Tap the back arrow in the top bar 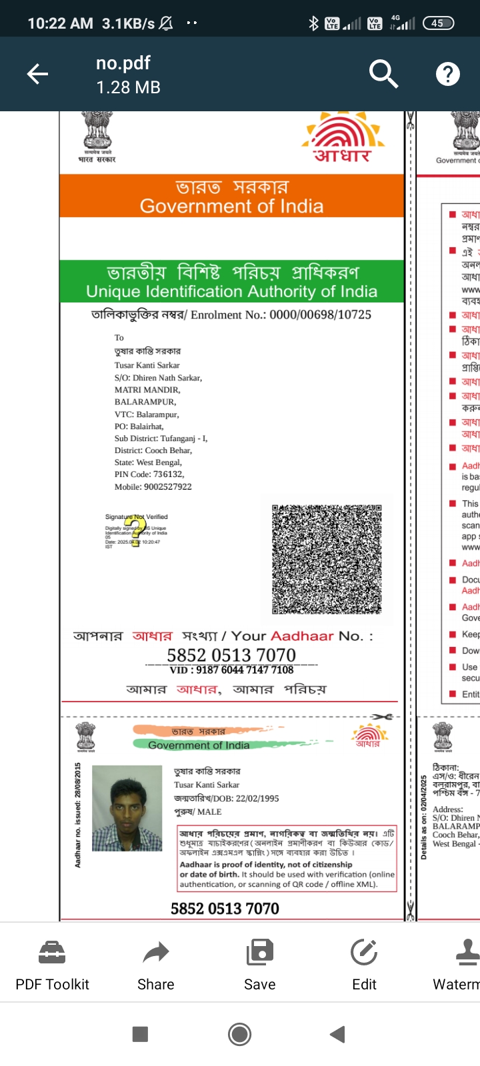pyautogui.click(x=37, y=74)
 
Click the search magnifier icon pyautogui.click(x=383, y=73)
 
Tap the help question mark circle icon pyautogui.click(x=447, y=74)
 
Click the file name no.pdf pyautogui.click(x=123, y=63)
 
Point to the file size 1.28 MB pyautogui.click(x=128, y=87)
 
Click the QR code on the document pyautogui.click(x=327, y=559)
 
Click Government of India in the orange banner pyautogui.click(x=231, y=207)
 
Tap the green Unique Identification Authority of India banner pyautogui.click(x=231, y=282)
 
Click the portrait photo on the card pyautogui.click(x=127, y=808)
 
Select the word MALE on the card pyautogui.click(x=209, y=811)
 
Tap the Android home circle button pyautogui.click(x=239, y=1034)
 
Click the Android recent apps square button pyautogui.click(x=140, y=1034)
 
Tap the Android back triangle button pyautogui.click(x=338, y=1034)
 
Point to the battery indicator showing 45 pyautogui.click(x=437, y=23)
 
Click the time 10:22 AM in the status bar pyautogui.click(x=60, y=23)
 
